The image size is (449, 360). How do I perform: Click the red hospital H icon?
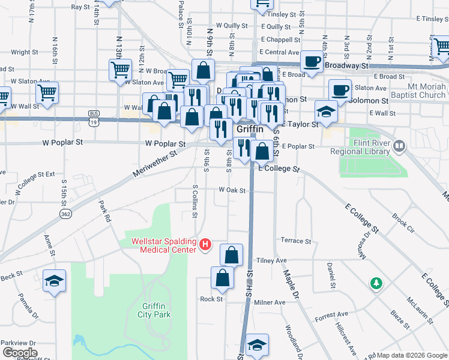[x=205, y=245]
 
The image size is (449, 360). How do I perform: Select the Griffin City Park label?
[x=154, y=310]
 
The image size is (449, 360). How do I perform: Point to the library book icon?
[x=399, y=145]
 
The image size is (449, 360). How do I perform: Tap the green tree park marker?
[x=376, y=283]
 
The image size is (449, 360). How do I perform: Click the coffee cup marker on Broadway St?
[x=312, y=61]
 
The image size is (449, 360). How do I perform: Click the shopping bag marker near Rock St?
[x=222, y=278]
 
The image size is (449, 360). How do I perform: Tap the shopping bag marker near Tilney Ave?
[x=232, y=255]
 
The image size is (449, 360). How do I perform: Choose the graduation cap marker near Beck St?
[x=55, y=280]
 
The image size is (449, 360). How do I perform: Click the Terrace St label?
[x=296, y=241]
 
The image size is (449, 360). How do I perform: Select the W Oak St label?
[x=232, y=190]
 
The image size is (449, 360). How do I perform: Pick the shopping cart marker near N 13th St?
[x=120, y=70]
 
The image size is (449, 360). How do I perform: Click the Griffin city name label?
[x=250, y=129]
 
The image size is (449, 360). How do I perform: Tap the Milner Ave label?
[x=270, y=302]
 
